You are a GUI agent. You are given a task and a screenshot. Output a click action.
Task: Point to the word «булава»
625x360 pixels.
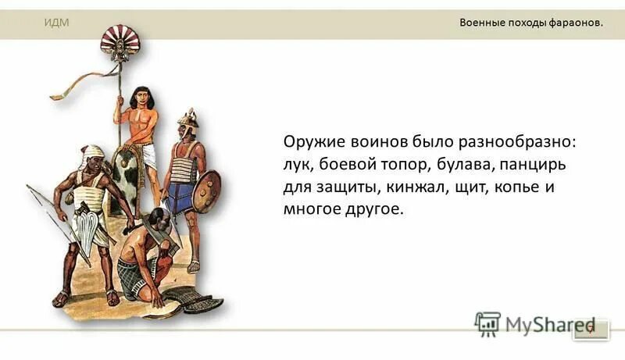[458, 168]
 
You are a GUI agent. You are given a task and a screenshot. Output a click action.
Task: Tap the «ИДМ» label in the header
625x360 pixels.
[56, 23]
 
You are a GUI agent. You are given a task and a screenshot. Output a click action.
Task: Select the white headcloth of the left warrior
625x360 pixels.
[91, 154]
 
